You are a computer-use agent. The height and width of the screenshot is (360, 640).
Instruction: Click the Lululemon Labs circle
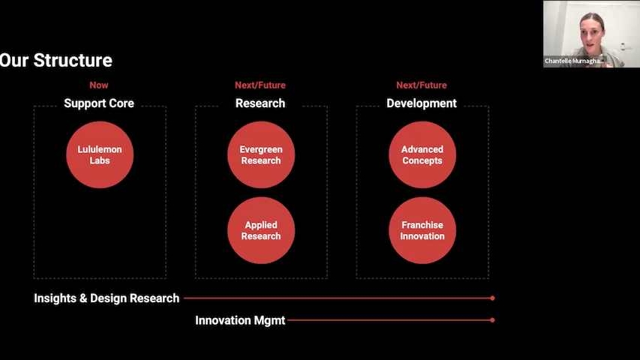(100, 154)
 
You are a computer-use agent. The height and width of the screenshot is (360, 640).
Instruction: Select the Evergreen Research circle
(261, 154)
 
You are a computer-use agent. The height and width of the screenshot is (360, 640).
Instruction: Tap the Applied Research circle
(261, 230)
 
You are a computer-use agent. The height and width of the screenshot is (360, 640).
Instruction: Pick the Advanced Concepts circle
(422, 154)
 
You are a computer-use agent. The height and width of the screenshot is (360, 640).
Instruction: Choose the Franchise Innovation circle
(422, 230)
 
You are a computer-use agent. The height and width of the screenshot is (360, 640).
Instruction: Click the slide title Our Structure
(56, 61)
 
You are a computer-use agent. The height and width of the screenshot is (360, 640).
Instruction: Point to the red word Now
(99, 85)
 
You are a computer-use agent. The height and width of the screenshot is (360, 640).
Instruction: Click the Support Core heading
(99, 103)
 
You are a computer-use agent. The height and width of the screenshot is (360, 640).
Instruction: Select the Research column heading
(260, 103)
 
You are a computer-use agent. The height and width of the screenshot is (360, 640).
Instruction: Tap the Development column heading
(422, 103)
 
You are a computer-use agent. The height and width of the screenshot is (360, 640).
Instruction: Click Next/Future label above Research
(260, 85)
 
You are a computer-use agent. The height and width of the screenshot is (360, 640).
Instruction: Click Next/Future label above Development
(422, 85)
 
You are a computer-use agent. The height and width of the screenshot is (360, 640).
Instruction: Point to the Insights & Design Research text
(107, 298)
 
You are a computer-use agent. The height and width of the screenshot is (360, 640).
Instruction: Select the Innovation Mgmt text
(240, 320)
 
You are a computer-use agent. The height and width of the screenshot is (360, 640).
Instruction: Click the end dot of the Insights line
(493, 298)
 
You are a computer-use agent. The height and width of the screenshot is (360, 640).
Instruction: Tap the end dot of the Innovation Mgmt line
(493, 320)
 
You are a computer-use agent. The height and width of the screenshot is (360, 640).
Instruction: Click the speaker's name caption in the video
(573, 61)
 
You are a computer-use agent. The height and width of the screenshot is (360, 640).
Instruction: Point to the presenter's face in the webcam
(591, 34)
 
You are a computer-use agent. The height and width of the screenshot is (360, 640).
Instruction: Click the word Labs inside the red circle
(100, 160)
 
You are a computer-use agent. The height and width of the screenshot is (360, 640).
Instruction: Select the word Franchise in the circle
(422, 225)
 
